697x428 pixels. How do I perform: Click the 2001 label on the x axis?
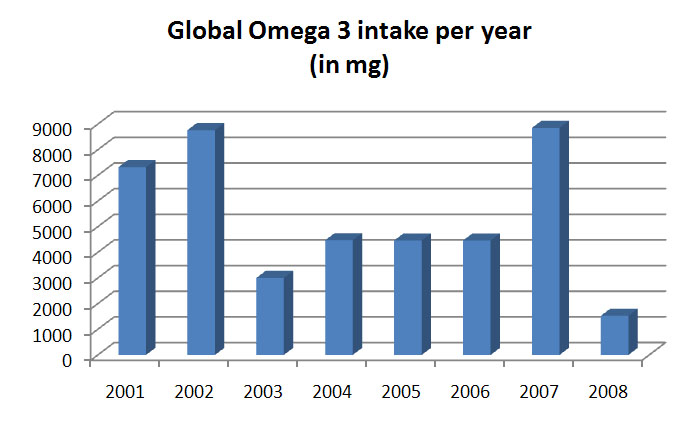(x=125, y=392)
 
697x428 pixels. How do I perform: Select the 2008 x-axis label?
(x=607, y=392)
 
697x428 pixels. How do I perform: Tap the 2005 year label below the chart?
(x=401, y=392)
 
